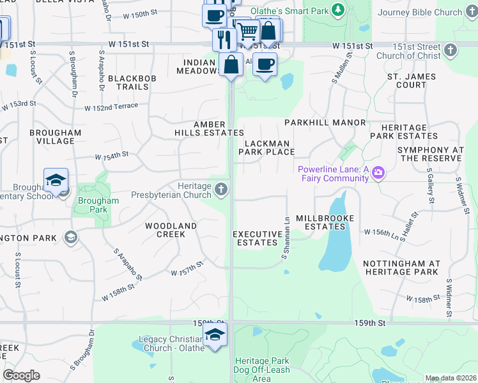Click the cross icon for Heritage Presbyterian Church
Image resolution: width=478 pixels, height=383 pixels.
(x=221, y=188)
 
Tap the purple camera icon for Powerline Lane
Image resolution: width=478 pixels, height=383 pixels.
(x=378, y=173)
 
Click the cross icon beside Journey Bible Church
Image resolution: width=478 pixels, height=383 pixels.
(x=470, y=12)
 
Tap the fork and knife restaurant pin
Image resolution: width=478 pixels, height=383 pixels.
(x=224, y=38)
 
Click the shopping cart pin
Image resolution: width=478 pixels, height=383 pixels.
(x=247, y=29)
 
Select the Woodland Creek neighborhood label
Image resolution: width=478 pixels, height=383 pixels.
(x=171, y=230)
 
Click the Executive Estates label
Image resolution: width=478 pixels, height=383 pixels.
(x=258, y=238)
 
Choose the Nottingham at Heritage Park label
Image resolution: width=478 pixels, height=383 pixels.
(x=401, y=267)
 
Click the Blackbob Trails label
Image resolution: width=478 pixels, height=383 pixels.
(x=128, y=82)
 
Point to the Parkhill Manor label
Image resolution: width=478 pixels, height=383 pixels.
(x=325, y=123)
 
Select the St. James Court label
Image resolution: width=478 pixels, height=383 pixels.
(x=411, y=80)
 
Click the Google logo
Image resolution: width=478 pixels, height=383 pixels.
(x=21, y=375)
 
